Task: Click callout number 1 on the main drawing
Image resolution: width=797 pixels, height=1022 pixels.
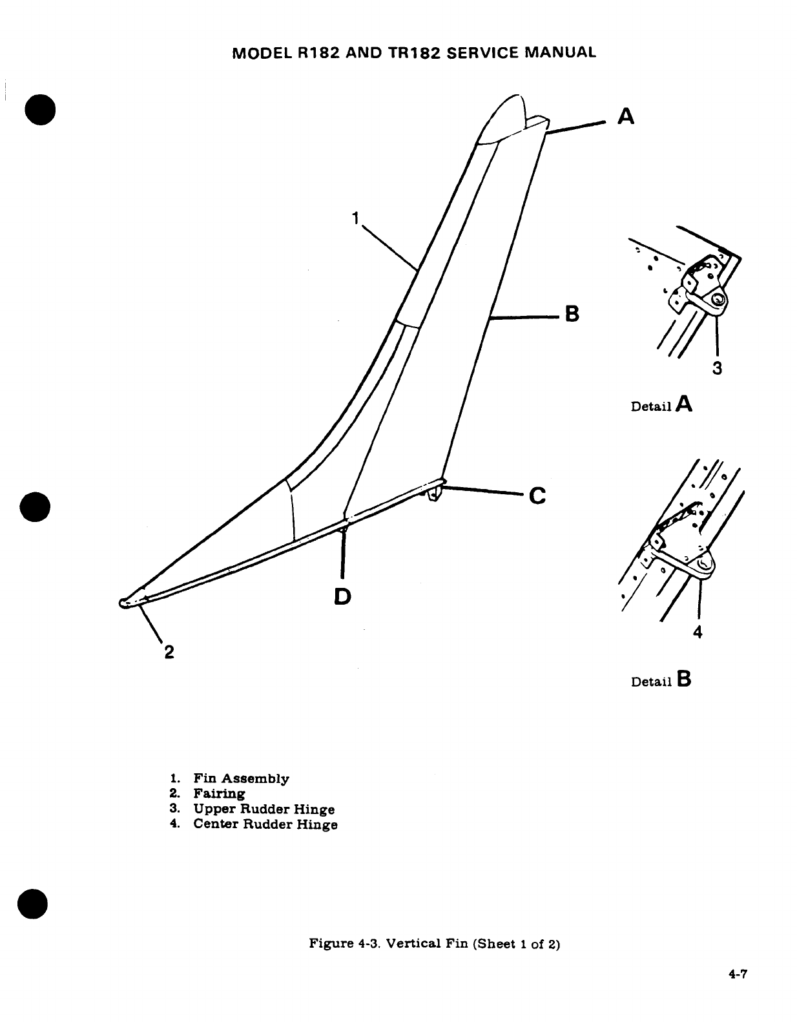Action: (355, 218)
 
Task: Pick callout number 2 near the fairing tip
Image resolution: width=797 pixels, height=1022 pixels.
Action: (168, 651)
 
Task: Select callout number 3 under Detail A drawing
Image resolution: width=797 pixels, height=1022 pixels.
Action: (716, 368)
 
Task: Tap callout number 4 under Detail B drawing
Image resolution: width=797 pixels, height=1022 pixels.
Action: (697, 632)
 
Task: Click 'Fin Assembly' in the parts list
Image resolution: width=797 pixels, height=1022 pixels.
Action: (241, 778)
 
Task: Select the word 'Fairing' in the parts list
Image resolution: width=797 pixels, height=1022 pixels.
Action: (219, 793)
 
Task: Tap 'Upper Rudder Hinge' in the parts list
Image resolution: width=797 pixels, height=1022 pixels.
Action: (264, 809)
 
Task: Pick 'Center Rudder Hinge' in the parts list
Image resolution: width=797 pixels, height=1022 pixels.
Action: (265, 824)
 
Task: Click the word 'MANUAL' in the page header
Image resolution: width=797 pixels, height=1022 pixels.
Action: (561, 52)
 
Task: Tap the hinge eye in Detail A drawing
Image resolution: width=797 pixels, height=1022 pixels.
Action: (717, 300)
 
